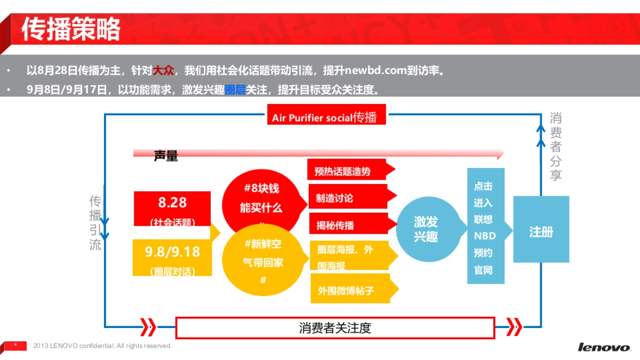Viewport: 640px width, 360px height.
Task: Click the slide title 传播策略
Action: [x=71, y=30]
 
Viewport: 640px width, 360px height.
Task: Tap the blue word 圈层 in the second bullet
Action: [x=235, y=90]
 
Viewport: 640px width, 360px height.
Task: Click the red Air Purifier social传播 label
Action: [x=325, y=117]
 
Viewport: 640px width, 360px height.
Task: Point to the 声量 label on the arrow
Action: [x=166, y=156]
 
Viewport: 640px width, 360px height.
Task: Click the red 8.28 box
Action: [x=172, y=209]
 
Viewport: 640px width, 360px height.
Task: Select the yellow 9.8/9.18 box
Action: [x=172, y=257]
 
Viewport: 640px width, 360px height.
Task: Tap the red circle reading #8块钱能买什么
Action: [x=261, y=198]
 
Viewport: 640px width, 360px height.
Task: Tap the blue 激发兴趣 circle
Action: [x=426, y=229]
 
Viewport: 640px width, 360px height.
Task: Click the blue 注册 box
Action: [x=541, y=231]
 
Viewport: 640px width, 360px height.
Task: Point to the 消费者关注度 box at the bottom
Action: [x=335, y=327]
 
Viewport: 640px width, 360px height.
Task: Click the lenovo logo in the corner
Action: [x=604, y=348]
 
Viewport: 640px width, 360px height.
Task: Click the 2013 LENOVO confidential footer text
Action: [x=102, y=346]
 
